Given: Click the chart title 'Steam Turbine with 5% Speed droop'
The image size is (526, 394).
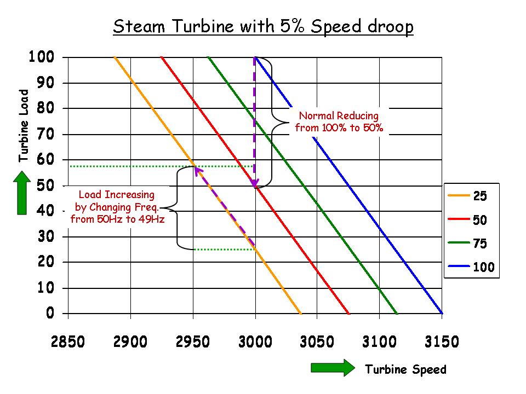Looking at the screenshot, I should (263, 27).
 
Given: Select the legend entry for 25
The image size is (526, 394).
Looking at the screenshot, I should (471, 195).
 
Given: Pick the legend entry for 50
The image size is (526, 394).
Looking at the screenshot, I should (471, 219).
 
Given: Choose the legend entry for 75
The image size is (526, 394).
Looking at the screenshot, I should (471, 244).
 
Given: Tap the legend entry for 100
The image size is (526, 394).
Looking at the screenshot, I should (471, 268).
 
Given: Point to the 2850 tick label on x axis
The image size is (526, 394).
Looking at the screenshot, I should (68, 342).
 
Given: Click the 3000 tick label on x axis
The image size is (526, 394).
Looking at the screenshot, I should (255, 342).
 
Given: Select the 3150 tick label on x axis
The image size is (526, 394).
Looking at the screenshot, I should (442, 342).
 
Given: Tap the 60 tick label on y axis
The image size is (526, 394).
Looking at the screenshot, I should (46, 160).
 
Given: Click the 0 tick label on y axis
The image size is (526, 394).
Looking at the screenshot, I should (50, 314).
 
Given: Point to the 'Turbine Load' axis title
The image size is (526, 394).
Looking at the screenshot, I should (23, 126).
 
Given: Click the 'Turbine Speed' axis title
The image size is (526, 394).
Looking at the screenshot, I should (405, 369).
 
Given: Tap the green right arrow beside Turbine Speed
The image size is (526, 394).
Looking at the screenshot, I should (333, 368).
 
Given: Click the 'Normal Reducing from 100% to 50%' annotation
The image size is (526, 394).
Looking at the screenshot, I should (339, 122).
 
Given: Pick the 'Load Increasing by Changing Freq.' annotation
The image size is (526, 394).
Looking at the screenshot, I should (116, 207).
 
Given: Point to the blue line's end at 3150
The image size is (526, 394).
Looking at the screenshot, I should (441, 313).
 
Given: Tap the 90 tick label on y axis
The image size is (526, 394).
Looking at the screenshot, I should (46, 83).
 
